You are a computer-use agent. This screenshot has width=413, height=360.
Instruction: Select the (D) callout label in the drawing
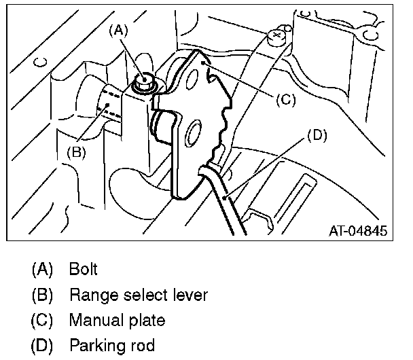coord(317,134)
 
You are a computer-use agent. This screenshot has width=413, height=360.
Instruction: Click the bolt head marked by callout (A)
coord(143,82)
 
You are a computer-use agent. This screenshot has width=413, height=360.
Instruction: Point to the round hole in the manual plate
coord(195,131)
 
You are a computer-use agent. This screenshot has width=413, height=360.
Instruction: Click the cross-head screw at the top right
coord(276,35)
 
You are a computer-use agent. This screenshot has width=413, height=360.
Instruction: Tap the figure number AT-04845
coord(355,232)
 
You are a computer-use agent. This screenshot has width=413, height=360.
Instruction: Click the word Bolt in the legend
coord(83,269)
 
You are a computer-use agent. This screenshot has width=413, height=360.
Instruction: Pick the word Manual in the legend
coord(94,320)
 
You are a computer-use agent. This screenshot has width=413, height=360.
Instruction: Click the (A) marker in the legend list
coord(42,269)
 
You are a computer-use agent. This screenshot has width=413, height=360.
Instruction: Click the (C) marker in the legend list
coord(42,320)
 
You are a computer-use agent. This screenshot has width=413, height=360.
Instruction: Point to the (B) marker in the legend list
coord(42,295)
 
